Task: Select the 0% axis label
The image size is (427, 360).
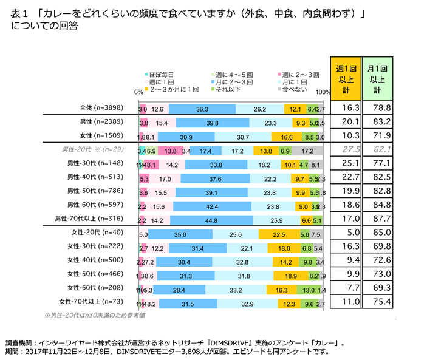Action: pyautogui.click(x=138, y=93)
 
